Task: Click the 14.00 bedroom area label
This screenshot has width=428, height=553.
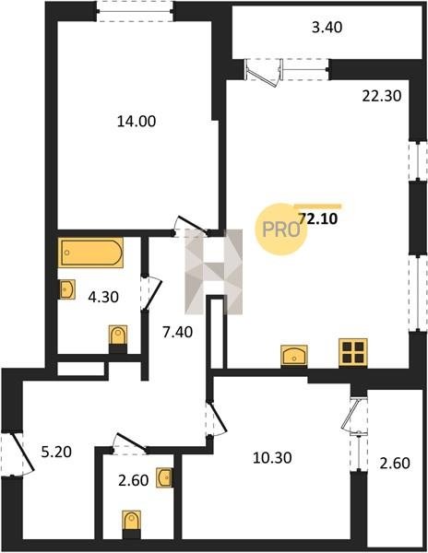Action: coord(137,122)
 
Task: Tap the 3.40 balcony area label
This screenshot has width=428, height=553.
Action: coord(327,27)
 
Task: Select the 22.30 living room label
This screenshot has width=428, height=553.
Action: coord(382,96)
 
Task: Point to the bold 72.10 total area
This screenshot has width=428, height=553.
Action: coord(318,219)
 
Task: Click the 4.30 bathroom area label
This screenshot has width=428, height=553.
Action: coord(103,298)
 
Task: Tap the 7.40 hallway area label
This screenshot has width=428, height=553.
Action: coord(177,332)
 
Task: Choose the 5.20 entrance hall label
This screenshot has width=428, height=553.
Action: coord(56,452)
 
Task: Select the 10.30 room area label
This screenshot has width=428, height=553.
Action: coord(272,458)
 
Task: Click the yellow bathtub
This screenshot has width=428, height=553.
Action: coord(91,253)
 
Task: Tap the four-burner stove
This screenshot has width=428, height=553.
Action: coord(353,353)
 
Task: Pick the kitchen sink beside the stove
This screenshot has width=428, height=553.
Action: coord(294,356)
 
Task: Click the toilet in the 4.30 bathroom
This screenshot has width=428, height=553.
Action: coord(118,337)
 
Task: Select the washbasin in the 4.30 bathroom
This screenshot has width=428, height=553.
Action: coord(66,290)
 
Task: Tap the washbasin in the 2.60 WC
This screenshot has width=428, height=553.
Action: coord(164,477)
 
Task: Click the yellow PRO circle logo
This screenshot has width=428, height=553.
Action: coord(279,229)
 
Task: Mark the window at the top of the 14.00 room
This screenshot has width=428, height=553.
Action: coord(135,11)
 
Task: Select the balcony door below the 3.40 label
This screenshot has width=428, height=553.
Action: coord(264,72)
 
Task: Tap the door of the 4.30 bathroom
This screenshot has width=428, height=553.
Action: coord(150,292)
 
